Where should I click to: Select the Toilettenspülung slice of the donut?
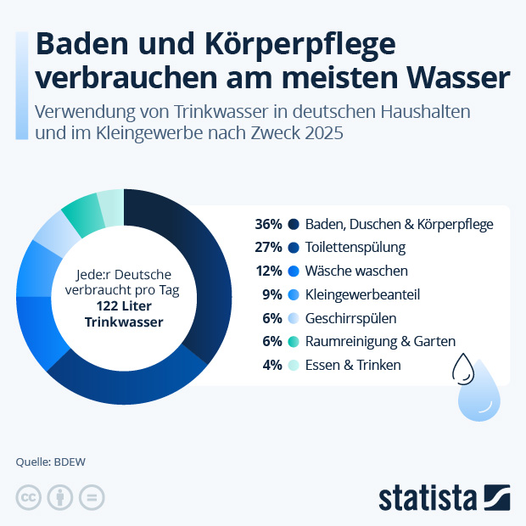tap(127, 382)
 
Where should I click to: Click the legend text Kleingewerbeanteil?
tap(362, 294)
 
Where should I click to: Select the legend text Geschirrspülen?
tap(350, 318)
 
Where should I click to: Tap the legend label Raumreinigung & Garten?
tap(380, 341)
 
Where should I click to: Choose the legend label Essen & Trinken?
tap(353, 365)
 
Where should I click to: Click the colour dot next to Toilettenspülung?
tap(293, 248)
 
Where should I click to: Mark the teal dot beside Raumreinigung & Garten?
tap(293, 341)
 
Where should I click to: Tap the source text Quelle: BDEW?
tap(51, 462)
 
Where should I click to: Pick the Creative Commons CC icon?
tap(28, 498)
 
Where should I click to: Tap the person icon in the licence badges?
tap(59, 498)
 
